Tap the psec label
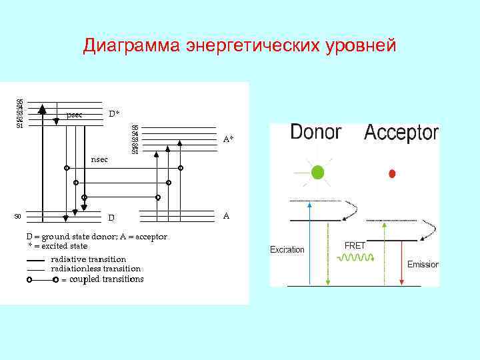(75, 115)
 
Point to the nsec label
(99, 160)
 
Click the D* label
(115, 114)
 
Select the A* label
(228, 139)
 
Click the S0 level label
(18, 216)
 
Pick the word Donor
(315, 132)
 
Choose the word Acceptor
(401, 133)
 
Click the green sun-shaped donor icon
(318, 172)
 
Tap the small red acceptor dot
(392, 173)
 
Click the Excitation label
(287, 250)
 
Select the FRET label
(355, 245)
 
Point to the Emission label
(423, 265)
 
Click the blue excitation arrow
(309, 243)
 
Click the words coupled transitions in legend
(107, 279)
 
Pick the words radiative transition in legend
(88, 259)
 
